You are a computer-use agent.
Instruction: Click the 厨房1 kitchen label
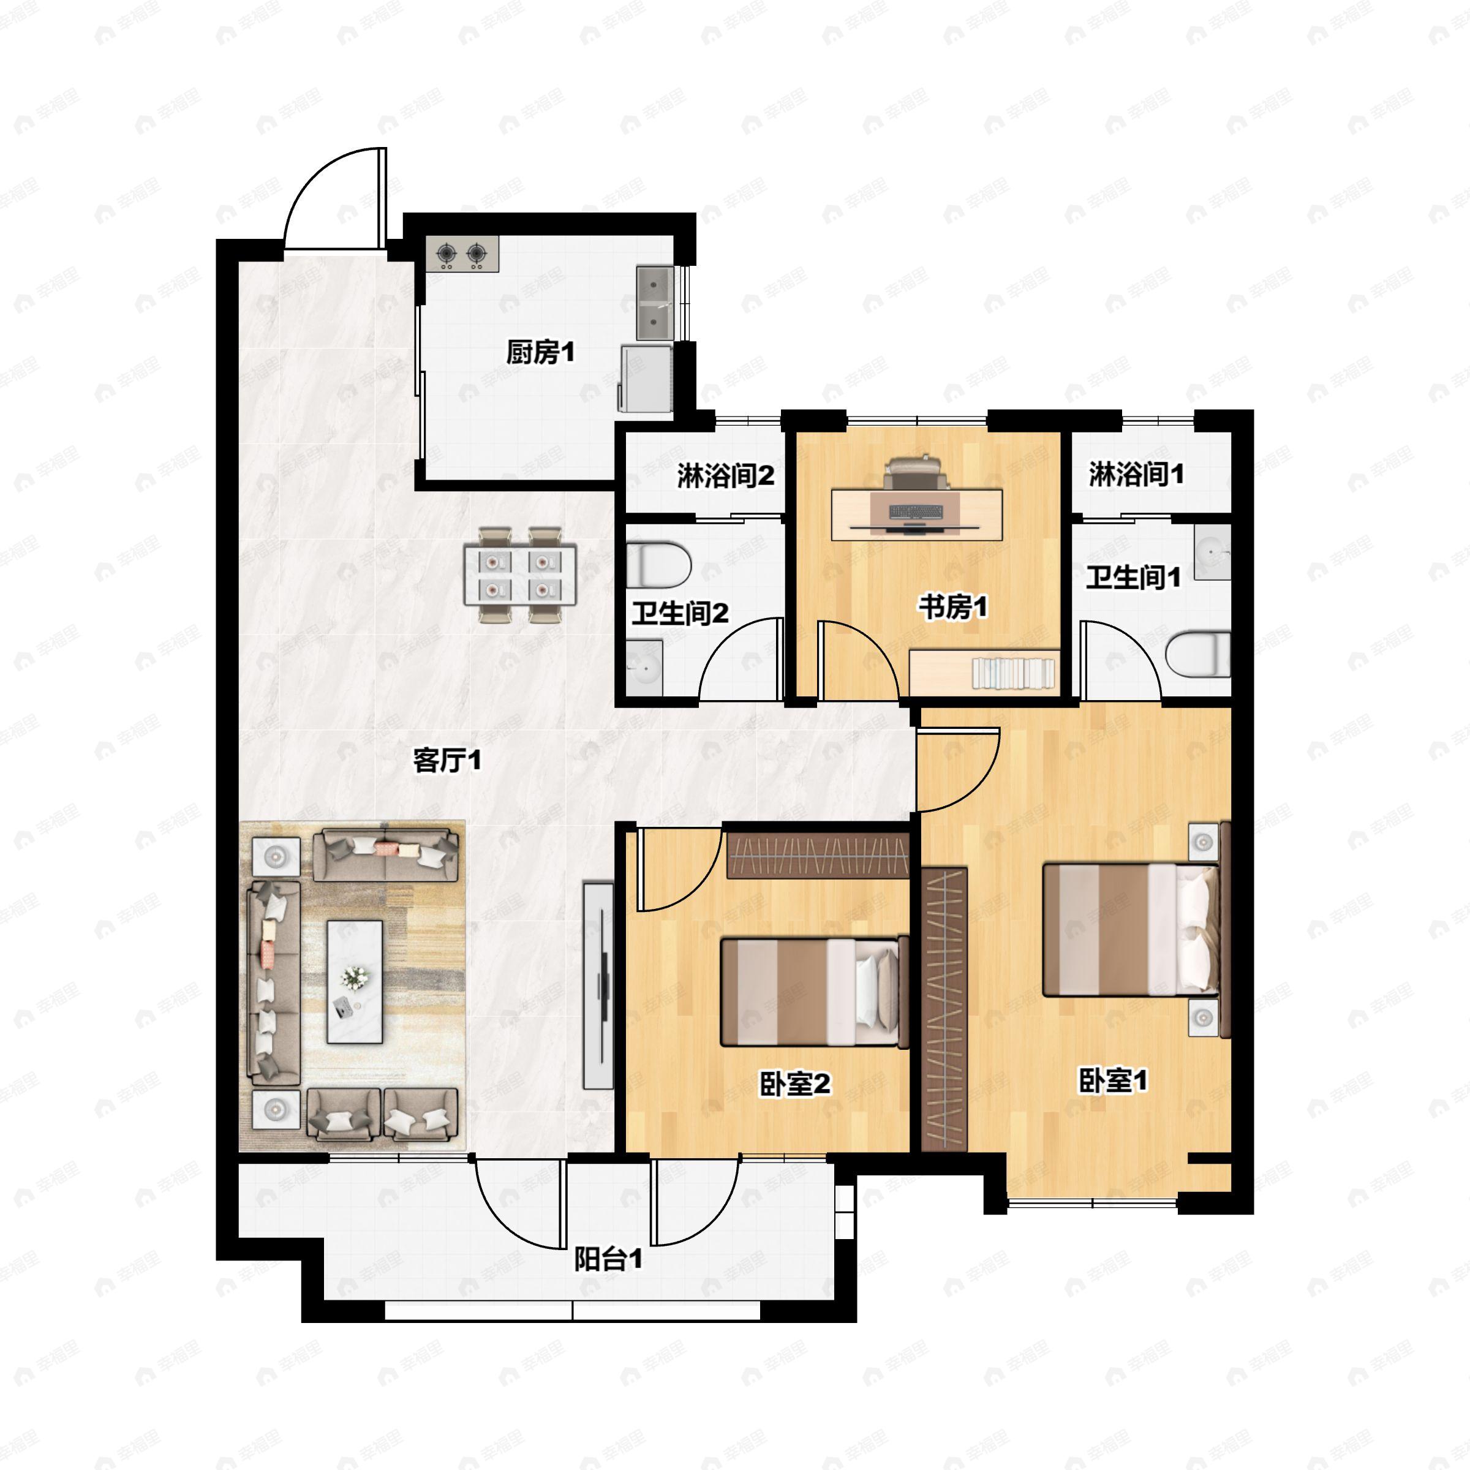(x=540, y=352)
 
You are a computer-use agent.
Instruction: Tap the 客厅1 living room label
(x=447, y=760)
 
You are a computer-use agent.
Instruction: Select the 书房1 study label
(x=952, y=607)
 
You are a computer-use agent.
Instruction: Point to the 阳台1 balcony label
(x=608, y=1259)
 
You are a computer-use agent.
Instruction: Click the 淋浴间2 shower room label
(x=725, y=475)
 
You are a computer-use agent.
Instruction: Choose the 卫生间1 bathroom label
(x=1133, y=577)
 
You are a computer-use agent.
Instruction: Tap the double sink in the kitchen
(x=654, y=303)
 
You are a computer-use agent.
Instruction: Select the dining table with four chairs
(x=521, y=575)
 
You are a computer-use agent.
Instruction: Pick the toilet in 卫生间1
(x=1197, y=654)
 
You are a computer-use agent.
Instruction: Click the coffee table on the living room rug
(x=355, y=981)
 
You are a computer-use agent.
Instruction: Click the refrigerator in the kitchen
(x=646, y=378)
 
